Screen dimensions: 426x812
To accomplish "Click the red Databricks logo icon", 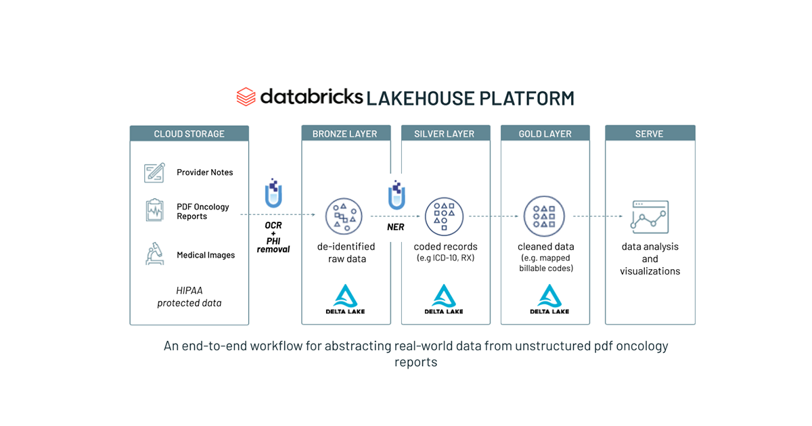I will point(246,97).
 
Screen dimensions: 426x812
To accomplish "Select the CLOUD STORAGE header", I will point(189,134).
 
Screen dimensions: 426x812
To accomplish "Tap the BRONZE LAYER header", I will point(344,134).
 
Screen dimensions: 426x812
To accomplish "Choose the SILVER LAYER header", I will point(445,134).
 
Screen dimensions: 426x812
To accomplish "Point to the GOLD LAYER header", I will point(545,134).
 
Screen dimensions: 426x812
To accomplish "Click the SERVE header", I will point(650,134).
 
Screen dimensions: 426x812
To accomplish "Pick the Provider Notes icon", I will point(154,172).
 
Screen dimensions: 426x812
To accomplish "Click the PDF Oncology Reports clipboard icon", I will point(154,210).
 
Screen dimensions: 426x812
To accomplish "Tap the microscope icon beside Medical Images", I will point(154,254).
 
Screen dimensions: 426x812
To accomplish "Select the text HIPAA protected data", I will point(189,297).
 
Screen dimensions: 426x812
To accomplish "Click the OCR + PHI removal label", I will point(273,237).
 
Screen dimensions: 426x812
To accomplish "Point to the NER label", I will point(396,227).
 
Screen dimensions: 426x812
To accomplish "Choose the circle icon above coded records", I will point(444,216).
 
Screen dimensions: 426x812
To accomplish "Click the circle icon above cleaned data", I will point(544,216).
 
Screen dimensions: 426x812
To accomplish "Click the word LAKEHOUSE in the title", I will point(420,98).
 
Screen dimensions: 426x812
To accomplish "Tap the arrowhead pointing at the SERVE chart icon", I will point(621,216).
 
